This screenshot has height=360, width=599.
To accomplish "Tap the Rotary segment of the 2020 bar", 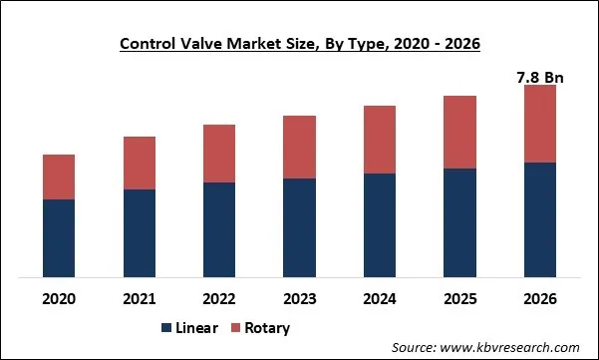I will (x=59, y=177).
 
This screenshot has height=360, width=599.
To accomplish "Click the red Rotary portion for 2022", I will (x=219, y=154).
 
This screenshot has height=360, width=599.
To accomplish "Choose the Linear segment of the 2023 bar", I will (x=299, y=227).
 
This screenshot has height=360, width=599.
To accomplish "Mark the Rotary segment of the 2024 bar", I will (x=380, y=139).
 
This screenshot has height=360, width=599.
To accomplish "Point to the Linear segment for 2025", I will (x=459, y=222).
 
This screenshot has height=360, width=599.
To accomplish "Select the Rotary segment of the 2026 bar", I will (x=539, y=124).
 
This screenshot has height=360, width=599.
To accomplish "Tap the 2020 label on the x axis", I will (x=59, y=298).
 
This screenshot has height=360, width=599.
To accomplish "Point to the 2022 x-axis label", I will (x=219, y=298).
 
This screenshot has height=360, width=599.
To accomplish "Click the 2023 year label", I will (x=299, y=298).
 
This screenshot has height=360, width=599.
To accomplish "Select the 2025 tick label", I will (x=459, y=298).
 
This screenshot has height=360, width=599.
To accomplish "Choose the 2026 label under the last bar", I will (x=539, y=298).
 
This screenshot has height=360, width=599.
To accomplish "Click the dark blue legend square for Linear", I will (x=165, y=328).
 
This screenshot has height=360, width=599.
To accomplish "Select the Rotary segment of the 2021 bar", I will (x=140, y=163).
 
